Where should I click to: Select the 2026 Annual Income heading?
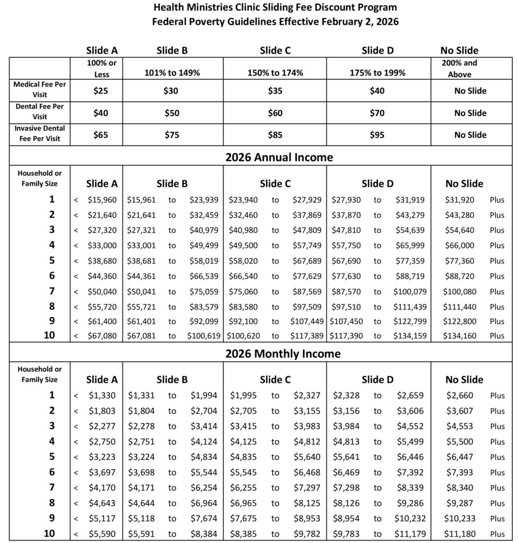(279, 157)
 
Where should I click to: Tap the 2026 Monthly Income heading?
(283, 354)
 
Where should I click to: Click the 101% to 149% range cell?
(172, 73)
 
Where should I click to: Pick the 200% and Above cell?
(459, 68)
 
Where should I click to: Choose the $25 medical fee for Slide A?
(101, 91)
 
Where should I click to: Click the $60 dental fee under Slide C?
(275, 113)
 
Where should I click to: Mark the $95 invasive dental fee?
(377, 135)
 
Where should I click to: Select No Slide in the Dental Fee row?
(470, 113)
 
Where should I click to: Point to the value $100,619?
(202, 336)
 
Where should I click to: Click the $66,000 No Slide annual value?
(459, 246)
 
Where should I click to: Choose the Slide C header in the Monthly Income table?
(275, 380)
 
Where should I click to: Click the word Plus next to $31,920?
(497, 200)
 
